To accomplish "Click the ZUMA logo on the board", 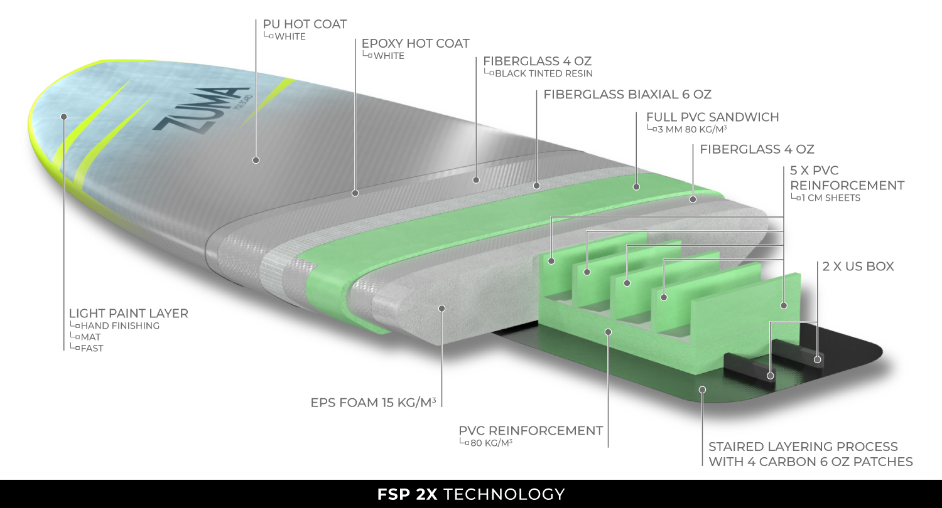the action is click(201, 110).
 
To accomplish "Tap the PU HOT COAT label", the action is click(305, 24).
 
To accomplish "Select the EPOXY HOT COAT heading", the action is click(416, 44).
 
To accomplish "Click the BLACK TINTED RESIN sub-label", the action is click(544, 73).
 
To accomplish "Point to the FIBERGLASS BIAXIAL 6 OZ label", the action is click(627, 95).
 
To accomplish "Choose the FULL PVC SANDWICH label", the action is click(712, 117).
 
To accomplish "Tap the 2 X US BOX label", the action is click(858, 267).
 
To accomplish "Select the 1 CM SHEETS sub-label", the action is click(831, 198).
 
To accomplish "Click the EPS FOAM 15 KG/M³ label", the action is click(373, 403).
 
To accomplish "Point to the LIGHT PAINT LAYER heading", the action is click(128, 314).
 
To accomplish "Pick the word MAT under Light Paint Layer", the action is click(91, 337).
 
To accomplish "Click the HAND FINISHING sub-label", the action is click(121, 325).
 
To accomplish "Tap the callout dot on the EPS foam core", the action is click(441, 309).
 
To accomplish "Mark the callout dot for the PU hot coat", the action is click(256, 160).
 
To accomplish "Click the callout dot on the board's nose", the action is click(64, 117).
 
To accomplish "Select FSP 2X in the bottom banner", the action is click(408, 495).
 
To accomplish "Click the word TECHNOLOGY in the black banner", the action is click(504, 495).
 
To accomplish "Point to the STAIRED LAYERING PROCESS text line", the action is click(803, 447).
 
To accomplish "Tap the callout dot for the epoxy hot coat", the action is click(355, 193).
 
